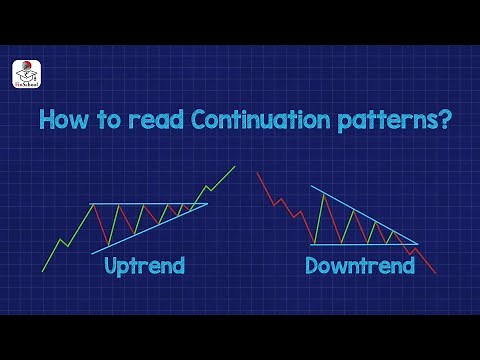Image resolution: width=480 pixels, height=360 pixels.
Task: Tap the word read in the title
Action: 134,121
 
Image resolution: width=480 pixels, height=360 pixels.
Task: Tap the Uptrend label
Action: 145,266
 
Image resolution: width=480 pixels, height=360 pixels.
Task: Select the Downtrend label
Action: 360,266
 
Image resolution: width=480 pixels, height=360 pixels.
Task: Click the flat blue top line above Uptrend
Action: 140,204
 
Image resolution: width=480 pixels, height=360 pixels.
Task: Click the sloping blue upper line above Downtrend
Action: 360,213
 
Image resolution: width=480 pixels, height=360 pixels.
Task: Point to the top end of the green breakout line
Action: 235,166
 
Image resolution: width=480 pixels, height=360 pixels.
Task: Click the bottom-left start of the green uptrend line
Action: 42,271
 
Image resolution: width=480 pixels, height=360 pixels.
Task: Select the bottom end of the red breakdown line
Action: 435,273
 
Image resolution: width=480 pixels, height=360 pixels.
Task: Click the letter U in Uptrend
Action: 112,266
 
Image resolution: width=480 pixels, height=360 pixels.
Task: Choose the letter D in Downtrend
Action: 312,266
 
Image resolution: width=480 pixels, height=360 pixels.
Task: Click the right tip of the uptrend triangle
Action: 207,205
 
